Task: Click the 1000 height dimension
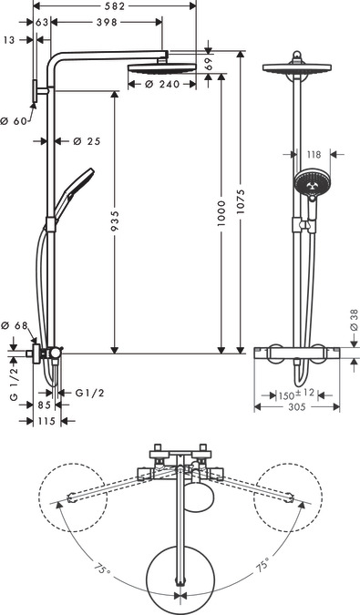pyautogui.click(x=223, y=225)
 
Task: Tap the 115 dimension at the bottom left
pyautogui.click(x=46, y=421)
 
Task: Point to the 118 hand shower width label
pyautogui.click(x=314, y=156)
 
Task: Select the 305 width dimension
pyautogui.click(x=297, y=409)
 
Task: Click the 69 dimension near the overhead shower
pyautogui.click(x=209, y=65)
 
